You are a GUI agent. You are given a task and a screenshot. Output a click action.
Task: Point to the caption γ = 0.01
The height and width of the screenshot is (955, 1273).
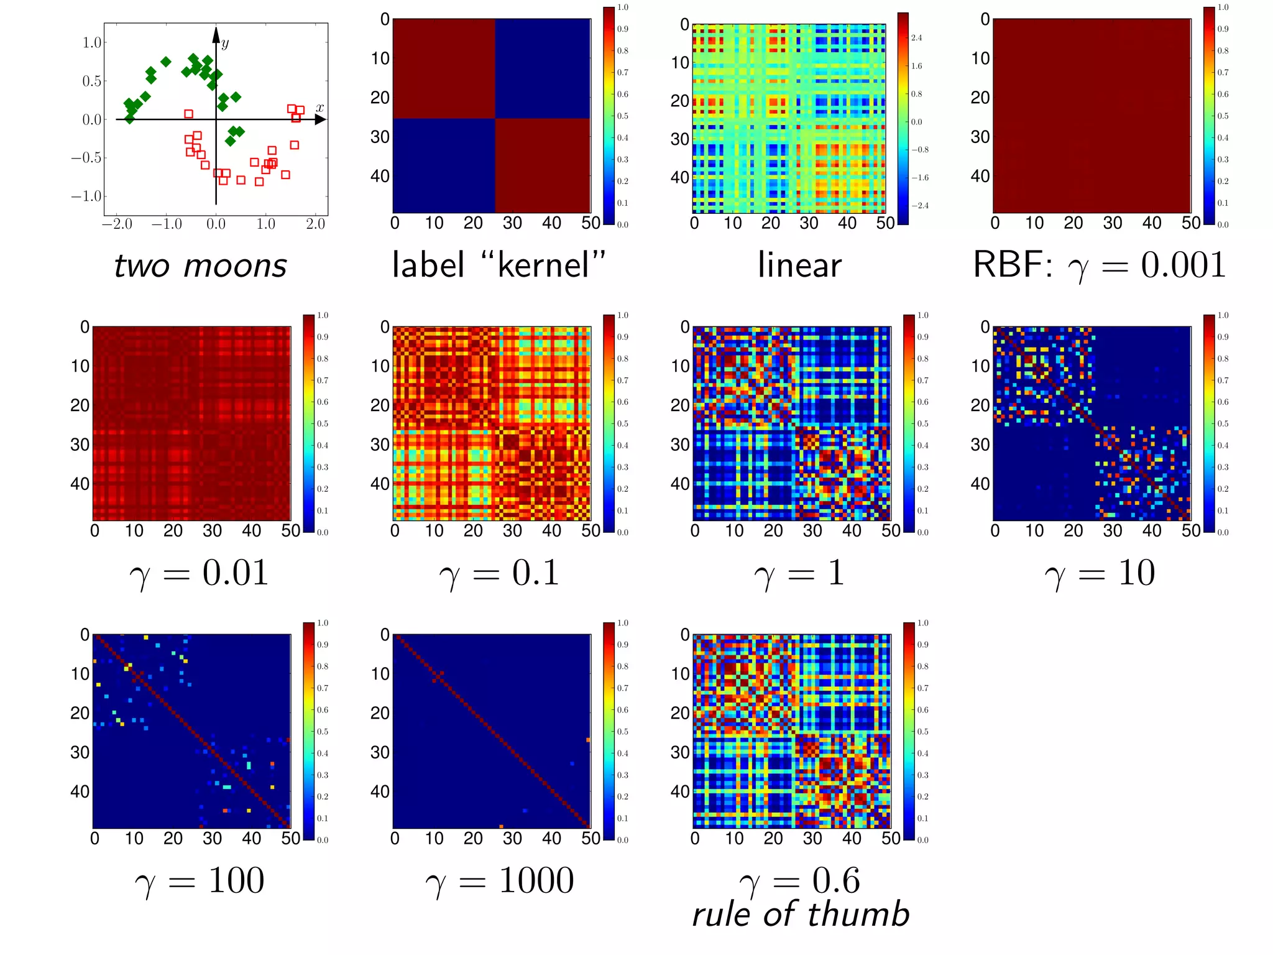coord(199,573)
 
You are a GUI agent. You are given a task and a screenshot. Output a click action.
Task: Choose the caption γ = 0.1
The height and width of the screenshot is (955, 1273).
coord(499,573)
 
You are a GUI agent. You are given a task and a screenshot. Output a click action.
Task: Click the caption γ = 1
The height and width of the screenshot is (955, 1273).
coord(799,573)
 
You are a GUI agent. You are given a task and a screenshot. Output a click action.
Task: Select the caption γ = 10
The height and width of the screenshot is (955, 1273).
coord(1100,573)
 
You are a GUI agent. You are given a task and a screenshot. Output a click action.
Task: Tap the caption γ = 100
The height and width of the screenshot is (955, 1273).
coord(199,880)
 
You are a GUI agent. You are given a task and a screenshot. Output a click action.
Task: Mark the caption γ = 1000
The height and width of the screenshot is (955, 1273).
coord(499,880)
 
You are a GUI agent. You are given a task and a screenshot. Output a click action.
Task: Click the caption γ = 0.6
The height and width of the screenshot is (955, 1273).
coord(799,880)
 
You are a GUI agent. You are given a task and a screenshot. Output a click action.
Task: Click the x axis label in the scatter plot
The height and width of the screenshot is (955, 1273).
coord(319,108)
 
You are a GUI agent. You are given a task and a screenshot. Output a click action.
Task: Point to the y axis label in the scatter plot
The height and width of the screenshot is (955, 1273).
coord(225,43)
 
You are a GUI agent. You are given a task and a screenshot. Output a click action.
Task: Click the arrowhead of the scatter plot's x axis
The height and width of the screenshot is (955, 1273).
coord(321,119)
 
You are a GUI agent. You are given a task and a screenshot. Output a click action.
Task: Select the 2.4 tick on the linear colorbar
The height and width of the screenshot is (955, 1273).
coord(916,38)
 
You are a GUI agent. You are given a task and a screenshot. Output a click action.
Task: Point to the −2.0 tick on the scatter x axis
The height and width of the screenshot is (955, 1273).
coord(117,224)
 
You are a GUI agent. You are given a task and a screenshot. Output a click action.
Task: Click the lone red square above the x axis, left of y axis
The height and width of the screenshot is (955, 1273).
coord(188,114)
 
